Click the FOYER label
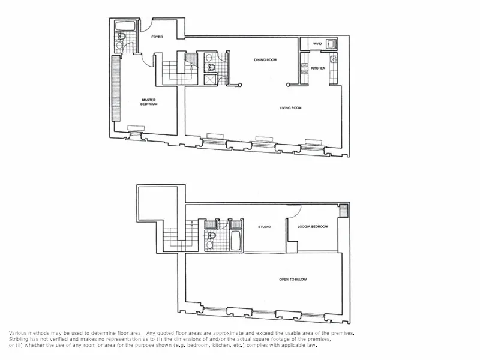(157, 37)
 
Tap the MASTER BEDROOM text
(149, 102)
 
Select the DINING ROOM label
(265, 59)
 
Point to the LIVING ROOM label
(290, 108)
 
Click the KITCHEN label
(318, 68)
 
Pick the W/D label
(317, 44)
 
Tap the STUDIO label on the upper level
(264, 227)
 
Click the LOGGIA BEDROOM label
(313, 227)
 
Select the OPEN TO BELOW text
(293, 279)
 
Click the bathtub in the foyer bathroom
(126, 26)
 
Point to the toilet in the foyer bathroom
(121, 37)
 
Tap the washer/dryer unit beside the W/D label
(332, 43)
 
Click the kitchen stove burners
(334, 59)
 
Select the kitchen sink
(305, 68)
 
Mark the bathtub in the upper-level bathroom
(236, 244)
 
